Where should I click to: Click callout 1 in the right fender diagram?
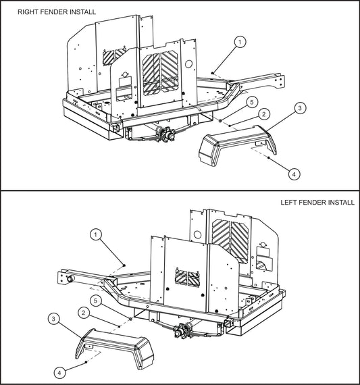click(240, 42)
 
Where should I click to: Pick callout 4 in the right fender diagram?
click(293, 174)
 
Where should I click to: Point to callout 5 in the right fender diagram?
click(251, 102)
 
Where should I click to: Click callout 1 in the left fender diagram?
click(97, 234)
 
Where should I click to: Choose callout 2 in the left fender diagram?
click(82, 313)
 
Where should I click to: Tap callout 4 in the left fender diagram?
click(60, 371)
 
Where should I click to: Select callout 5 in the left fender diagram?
click(97, 299)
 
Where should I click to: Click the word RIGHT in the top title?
click(28, 12)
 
